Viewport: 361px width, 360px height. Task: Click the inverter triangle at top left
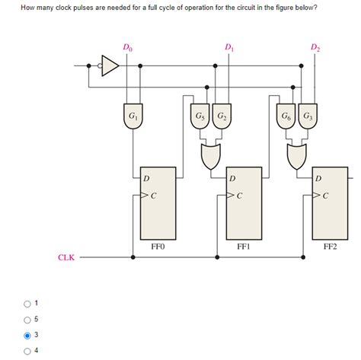[110, 67]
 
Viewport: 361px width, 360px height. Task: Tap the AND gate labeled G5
[200, 116]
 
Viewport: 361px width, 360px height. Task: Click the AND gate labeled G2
[220, 116]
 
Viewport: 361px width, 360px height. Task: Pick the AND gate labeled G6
[286, 116]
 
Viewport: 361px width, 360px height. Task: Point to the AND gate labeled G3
[307, 116]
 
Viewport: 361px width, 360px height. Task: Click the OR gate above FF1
[210, 158]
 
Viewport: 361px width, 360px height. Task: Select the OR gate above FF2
[297, 158]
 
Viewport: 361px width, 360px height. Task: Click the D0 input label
[127, 49]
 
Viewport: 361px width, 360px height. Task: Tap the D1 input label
[229, 49]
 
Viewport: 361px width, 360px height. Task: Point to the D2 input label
[315, 49]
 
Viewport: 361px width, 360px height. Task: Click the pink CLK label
[66, 258]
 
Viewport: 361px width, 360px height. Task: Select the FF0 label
[158, 247]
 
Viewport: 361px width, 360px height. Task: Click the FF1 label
[244, 247]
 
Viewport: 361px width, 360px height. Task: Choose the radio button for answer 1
[28, 304]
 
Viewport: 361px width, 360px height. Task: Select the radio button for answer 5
[28, 319]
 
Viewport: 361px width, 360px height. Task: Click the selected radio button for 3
[28, 335]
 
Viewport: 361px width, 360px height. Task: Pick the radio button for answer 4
[28, 350]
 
